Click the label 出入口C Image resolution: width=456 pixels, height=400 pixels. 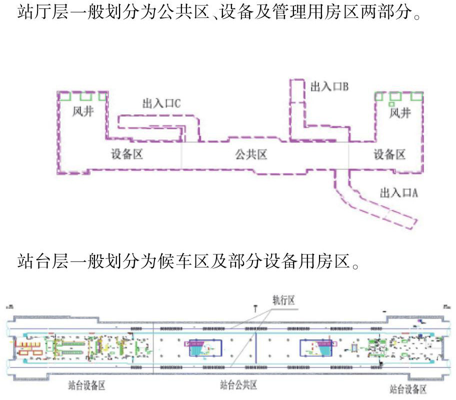click(161, 103)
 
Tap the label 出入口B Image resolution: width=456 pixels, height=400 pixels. click(329, 86)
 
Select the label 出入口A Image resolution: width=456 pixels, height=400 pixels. click(398, 193)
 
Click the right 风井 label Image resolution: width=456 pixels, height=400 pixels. click(400, 113)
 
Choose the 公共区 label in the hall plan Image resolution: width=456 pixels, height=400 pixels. click(251, 154)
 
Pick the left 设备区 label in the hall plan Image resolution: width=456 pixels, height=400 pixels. click(127, 154)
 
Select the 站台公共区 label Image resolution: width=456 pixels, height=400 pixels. click(238, 385)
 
